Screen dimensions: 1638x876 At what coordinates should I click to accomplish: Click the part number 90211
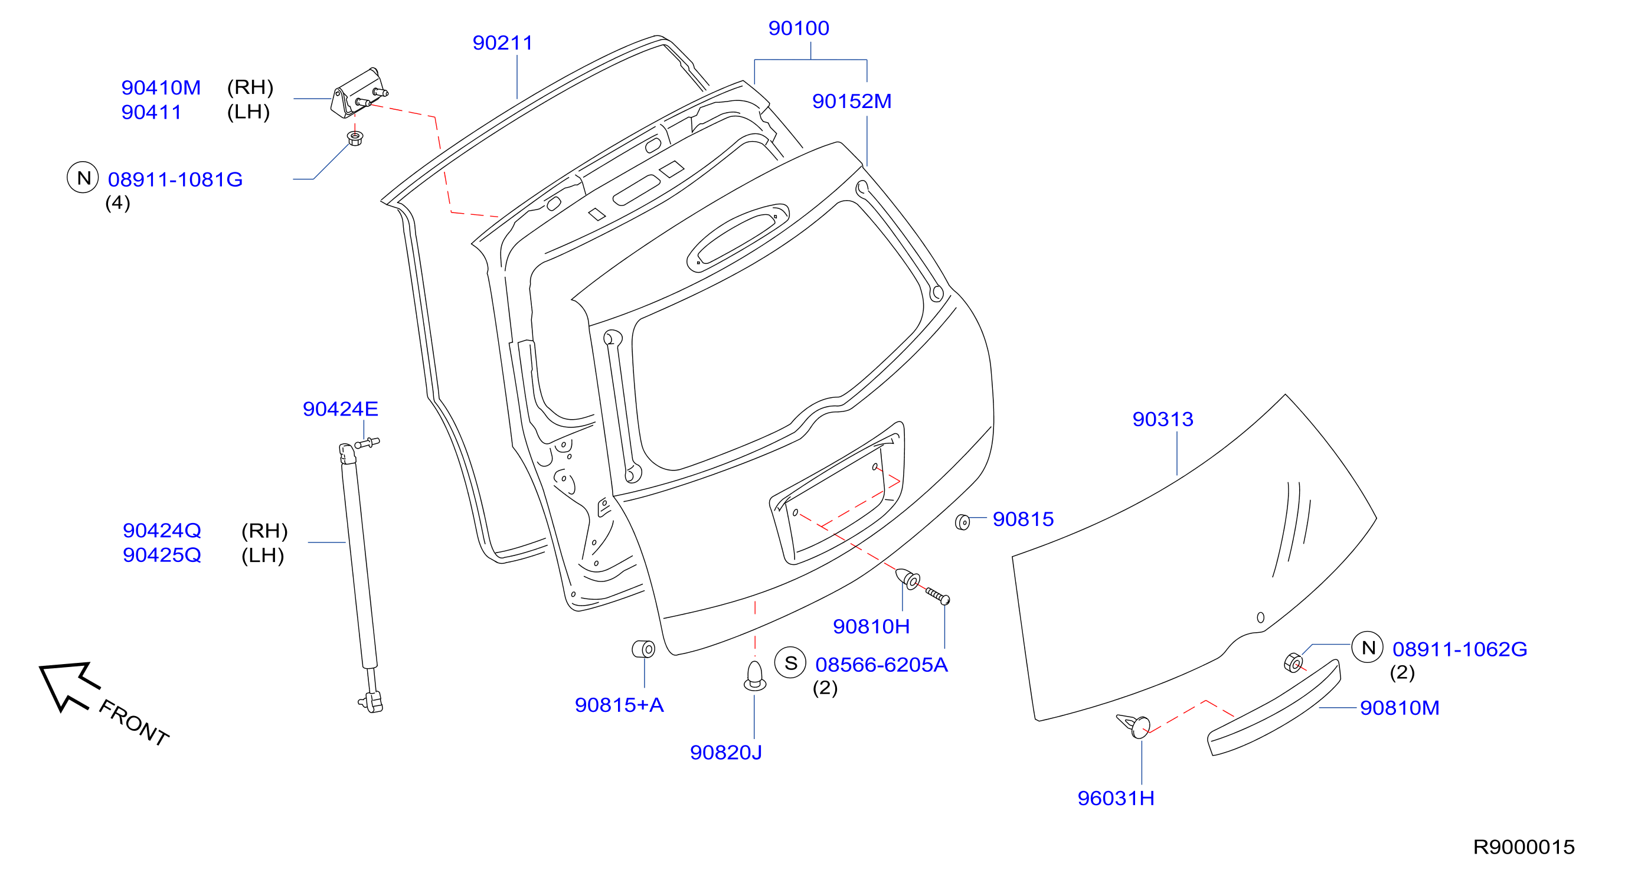[502, 43]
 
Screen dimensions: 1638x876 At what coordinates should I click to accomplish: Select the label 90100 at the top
[799, 28]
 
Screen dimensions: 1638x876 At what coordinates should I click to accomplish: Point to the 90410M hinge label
[161, 87]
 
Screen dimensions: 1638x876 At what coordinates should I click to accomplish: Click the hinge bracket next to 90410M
[358, 93]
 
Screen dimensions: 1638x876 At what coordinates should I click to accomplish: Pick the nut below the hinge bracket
[355, 138]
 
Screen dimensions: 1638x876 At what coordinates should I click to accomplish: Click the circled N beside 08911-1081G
[83, 178]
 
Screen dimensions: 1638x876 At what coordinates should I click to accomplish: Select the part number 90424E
[340, 408]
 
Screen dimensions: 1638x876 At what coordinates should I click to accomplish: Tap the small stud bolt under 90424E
[368, 443]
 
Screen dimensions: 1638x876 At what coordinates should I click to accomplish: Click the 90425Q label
[162, 555]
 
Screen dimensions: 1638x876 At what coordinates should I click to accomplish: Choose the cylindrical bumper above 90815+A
[643, 649]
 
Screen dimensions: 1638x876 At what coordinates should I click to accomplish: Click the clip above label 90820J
[755, 676]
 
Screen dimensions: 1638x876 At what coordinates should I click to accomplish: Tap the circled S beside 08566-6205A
[790, 663]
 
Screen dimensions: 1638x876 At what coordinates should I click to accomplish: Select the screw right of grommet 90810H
[937, 596]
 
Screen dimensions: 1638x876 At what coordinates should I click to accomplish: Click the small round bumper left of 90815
[963, 522]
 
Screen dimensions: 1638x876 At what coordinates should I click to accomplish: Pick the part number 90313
[1162, 419]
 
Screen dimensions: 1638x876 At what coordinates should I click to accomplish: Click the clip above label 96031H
[1134, 726]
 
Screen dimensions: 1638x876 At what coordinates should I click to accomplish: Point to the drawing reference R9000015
[1523, 846]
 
